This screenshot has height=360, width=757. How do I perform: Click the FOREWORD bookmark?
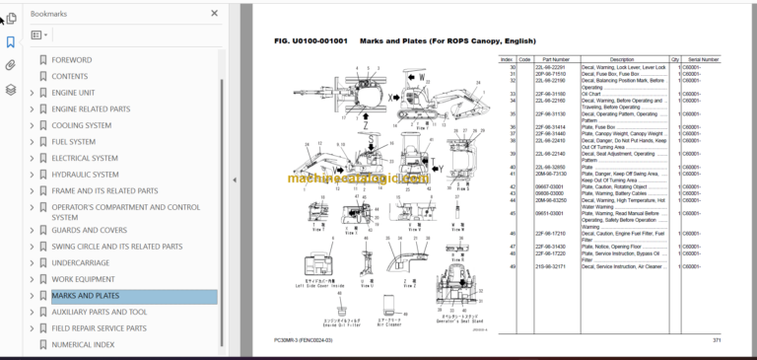(x=71, y=60)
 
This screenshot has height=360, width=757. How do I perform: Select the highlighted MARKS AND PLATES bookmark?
(x=85, y=296)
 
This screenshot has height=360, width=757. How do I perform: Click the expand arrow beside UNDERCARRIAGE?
(x=32, y=263)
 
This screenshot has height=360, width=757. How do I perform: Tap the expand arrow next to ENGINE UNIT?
(x=32, y=93)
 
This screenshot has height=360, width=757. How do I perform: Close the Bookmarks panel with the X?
(x=215, y=14)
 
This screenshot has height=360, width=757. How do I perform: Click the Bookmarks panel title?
(x=49, y=14)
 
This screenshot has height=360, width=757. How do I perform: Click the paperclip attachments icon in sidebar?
(x=10, y=65)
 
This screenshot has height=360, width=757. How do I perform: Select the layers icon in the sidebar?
(x=10, y=89)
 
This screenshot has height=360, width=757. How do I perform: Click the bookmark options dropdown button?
(x=38, y=35)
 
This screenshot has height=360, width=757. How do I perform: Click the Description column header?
(x=622, y=59)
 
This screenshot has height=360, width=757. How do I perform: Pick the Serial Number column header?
(x=703, y=59)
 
